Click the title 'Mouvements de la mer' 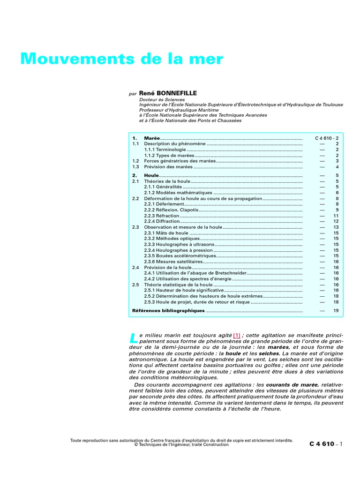[x=121, y=59]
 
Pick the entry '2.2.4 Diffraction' [x=162, y=221]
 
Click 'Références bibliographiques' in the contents [x=168, y=310]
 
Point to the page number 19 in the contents [x=336, y=310]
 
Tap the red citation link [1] [x=237, y=335]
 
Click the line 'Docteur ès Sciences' [x=162, y=99]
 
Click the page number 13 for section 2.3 [x=336, y=227]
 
